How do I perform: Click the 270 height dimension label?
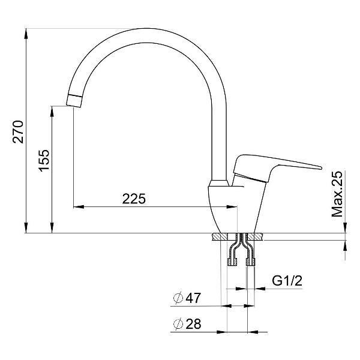pyautogui.click(x=18, y=132)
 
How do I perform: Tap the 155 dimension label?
pyautogui.click(x=44, y=160)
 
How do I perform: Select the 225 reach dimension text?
pyautogui.click(x=134, y=199)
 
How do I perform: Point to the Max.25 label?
pyautogui.click(x=337, y=194)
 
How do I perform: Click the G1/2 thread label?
pyautogui.click(x=287, y=281)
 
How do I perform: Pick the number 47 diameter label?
pyautogui.click(x=193, y=298)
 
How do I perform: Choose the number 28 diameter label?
pyautogui.click(x=193, y=324)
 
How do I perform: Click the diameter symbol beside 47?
pyautogui.click(x=178, y=298)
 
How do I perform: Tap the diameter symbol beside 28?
pyautogui.click(x=178, y=324)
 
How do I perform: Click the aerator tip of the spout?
pyautogui.click(x=74, y=101)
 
